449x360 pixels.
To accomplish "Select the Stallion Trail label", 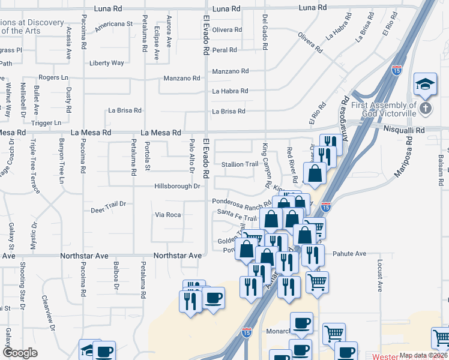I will click(240, 164).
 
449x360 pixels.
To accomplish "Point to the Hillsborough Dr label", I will click(178, 186).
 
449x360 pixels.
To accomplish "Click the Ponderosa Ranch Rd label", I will click(238, 201).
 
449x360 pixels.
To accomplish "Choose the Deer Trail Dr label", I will click(108, 204).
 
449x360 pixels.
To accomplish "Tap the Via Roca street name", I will click(168, 214).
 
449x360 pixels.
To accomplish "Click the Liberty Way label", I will click(106, 63).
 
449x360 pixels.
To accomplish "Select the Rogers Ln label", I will click(54, 77).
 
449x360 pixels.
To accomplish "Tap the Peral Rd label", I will click(224, 50).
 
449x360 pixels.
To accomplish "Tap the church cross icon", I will click(426, 109).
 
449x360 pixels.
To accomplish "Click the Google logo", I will click(20, 353).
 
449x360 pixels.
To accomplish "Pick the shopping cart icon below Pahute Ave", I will click(317, 281).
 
